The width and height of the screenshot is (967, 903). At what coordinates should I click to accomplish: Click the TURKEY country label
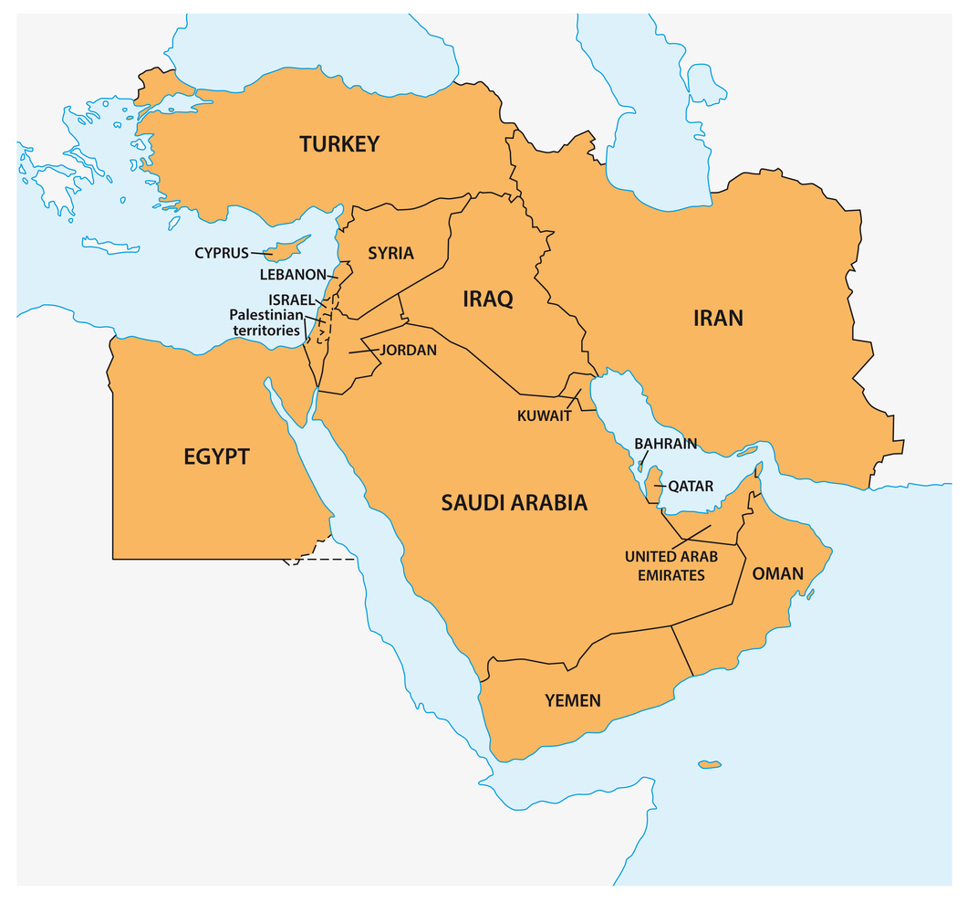339,144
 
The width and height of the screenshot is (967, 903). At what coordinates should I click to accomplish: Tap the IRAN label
718,318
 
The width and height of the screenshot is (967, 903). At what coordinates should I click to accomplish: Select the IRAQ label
488,299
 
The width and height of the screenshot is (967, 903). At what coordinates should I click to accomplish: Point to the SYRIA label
390,253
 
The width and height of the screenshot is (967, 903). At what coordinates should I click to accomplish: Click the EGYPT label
216,457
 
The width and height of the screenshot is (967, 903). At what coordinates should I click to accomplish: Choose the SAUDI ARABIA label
515,502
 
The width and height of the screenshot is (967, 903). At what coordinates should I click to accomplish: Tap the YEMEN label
573,700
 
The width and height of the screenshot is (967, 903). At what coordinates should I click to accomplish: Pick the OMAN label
777,574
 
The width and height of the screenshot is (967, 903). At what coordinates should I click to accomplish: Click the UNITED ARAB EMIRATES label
664,566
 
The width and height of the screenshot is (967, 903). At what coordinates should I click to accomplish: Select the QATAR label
691,487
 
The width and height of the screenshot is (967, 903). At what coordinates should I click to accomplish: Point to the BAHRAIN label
666,444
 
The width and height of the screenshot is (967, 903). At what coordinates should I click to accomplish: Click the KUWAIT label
544,415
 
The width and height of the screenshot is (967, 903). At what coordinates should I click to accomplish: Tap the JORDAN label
408,350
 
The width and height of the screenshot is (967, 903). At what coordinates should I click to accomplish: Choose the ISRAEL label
291,299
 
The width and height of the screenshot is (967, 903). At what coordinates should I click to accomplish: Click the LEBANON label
292,274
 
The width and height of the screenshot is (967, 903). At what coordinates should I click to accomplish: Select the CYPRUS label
221,253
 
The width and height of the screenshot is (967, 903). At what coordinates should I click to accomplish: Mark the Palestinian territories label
265,322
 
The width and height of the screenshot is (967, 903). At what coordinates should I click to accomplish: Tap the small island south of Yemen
709,763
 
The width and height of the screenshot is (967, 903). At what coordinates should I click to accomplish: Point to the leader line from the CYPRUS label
262,254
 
